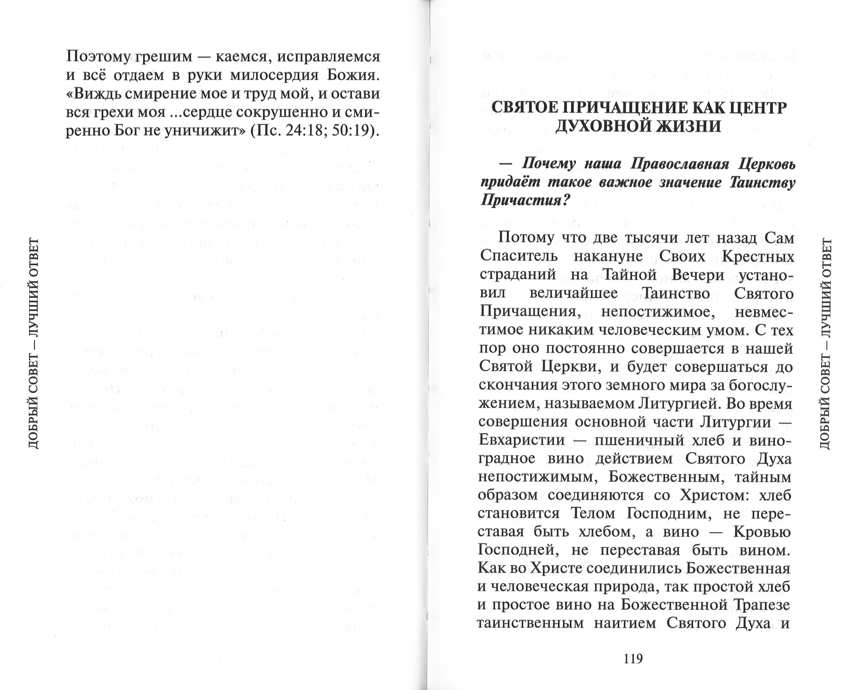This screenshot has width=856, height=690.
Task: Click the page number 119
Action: coord(633,659)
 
